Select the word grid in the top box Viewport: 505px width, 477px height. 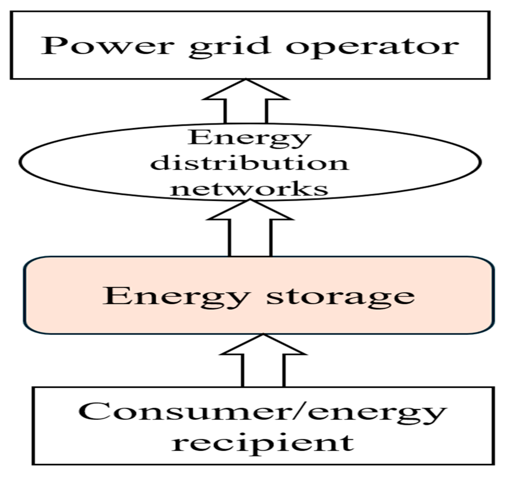tap(230, 47)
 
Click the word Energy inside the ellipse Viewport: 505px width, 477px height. tap(249, 139)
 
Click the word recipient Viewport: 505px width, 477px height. tap(263, 443)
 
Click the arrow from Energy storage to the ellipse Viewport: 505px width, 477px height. tap(250, 230)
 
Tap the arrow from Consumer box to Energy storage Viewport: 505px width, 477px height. tap(263, 365)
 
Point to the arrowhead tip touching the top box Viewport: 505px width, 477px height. tap(246, 80)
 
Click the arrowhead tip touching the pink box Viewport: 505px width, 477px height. tap(263, 335)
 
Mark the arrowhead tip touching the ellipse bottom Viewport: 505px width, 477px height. tap(250, 200)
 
